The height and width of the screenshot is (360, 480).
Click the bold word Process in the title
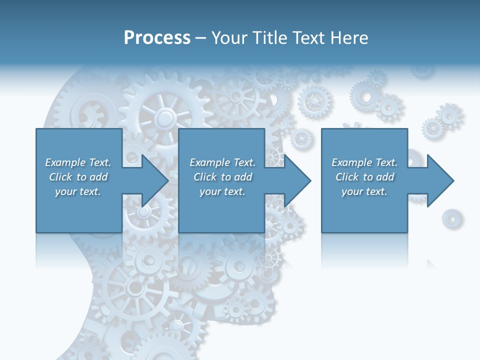coord(157,38)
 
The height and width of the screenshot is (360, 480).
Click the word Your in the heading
coord(228,38)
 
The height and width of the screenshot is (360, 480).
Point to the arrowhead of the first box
coord(155,180)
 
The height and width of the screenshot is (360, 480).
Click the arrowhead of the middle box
coord(297,180)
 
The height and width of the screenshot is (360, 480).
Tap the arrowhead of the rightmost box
coord(440,180)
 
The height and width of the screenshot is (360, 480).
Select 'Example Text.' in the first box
coord(78,162)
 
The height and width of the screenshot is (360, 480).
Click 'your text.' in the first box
coord(78,191)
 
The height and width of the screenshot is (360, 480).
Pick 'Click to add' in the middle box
coord(222,177)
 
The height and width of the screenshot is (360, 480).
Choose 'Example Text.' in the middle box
coord(222,162)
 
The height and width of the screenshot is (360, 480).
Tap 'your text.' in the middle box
coord(222,191)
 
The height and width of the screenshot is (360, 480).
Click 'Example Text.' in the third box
coord(364,162)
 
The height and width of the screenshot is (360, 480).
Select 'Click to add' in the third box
coord(364,177)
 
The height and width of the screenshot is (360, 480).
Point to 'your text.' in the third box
coord(364,191)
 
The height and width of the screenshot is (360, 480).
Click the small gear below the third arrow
coord(451,218)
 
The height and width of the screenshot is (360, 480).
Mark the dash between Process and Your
coord(201,38)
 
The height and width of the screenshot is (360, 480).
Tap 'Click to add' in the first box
coord(78,177)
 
